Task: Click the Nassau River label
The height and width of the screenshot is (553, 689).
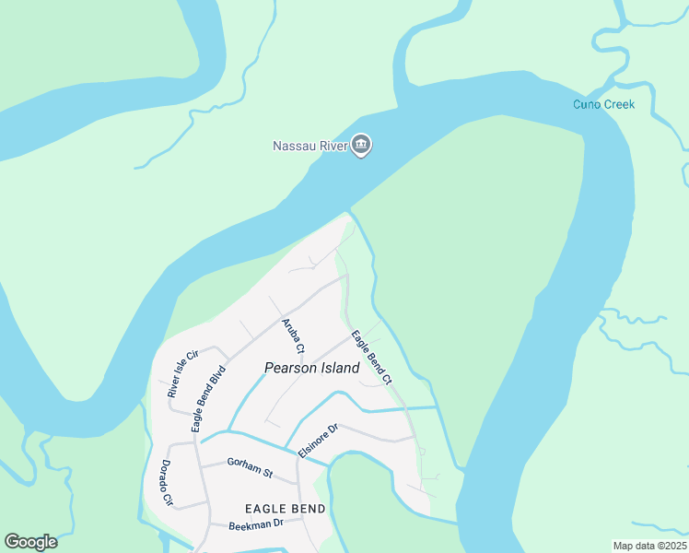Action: [x=309, y=146]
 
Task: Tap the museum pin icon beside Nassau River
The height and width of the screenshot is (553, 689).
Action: [x=361, y=145]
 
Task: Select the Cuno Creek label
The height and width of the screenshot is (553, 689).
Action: [x=603, y=104]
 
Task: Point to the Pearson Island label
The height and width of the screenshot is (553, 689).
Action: [x=311, y=367]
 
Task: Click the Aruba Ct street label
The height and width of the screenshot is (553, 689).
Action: [x=292, y=335]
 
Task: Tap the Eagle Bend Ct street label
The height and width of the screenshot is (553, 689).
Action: [x=371, y=359]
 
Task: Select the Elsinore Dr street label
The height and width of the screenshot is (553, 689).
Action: [x=321, y=437]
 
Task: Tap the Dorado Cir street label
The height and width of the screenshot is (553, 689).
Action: [x=167, y=483]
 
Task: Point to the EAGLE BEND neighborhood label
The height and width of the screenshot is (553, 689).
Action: [x=285, y=509]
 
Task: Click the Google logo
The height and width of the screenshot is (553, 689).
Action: [x=30, y=542]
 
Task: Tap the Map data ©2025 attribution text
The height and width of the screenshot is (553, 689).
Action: [x=648, y=546]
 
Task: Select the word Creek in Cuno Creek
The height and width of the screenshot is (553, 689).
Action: [x=618, y=104]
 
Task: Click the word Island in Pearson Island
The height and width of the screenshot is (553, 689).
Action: [x=337, y=367]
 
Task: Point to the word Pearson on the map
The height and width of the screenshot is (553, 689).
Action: [x=289, y=367]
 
